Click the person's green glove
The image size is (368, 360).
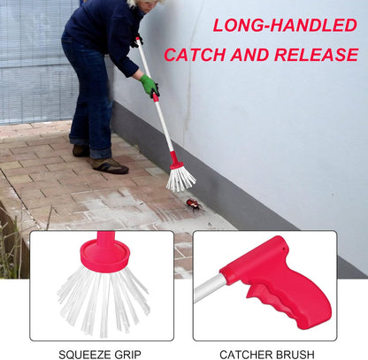(149, 86)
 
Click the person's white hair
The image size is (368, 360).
(135, 4)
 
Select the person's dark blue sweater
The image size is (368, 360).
(102, 27)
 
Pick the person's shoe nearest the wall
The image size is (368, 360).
(109, 165)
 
